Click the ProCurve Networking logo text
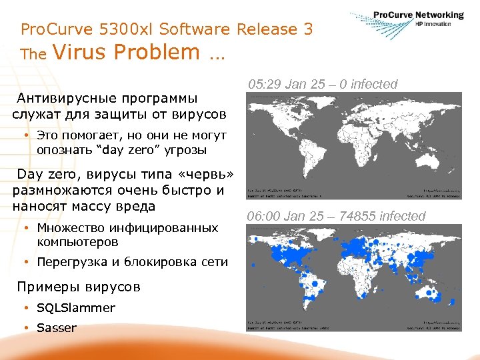(418, 15)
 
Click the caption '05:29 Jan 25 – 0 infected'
(322, 84)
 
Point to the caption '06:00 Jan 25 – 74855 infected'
(335, 216)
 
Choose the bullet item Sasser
(57, 328)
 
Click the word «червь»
(205, 175)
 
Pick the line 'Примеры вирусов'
(79, 287)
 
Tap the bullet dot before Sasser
(24, 328)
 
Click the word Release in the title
(264, 29)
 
